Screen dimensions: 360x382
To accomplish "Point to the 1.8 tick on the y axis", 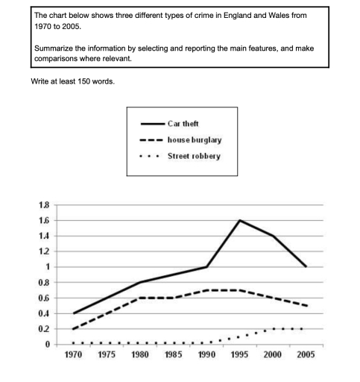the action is click(x=44, y=204).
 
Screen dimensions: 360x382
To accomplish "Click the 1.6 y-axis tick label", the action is click(x=44, y=220).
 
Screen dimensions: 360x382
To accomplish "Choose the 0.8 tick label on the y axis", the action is click(x=44, y=283).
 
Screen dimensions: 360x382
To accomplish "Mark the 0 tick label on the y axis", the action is click(x=47, y=345).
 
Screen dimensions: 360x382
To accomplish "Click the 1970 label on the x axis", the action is click(x=66, y=355).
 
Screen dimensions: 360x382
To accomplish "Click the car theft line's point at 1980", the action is click(x=140, y=282).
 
